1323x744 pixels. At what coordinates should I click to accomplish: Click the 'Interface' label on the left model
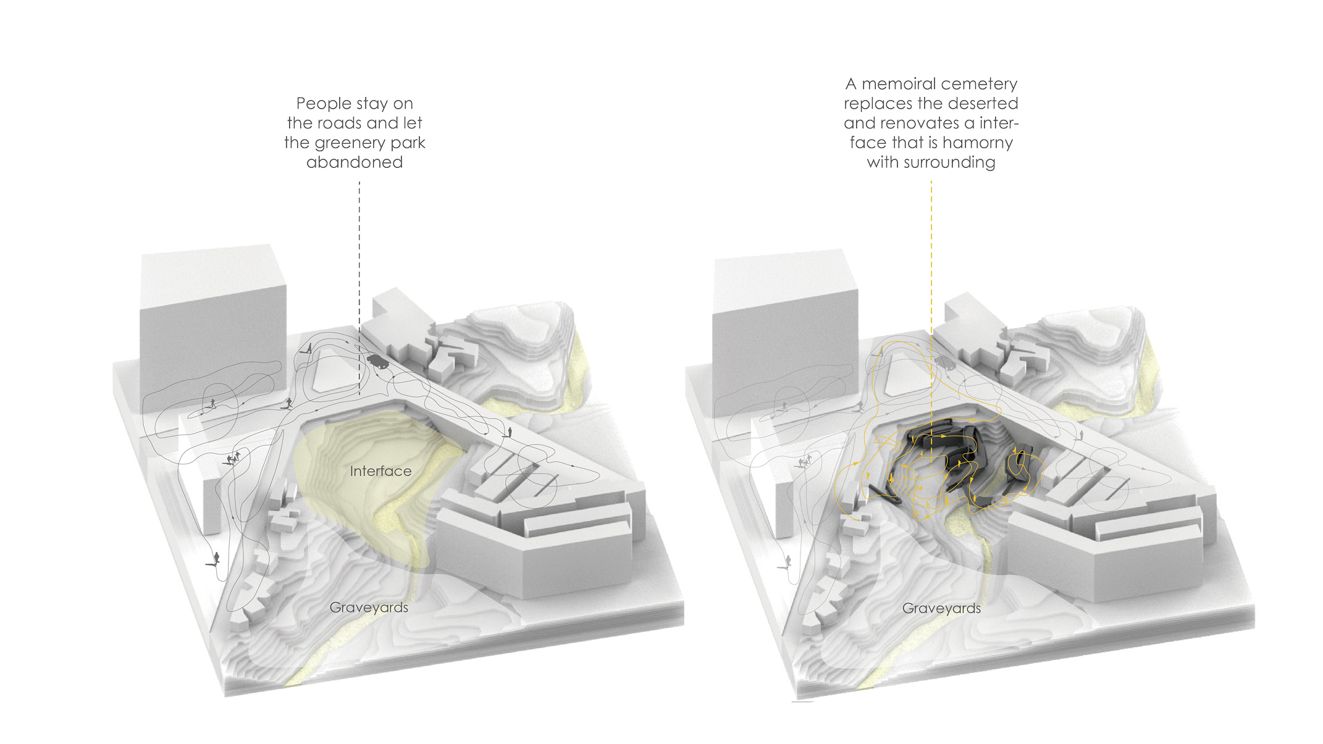pos(380,471)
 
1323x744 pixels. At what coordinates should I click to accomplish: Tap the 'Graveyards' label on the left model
pos(369,608)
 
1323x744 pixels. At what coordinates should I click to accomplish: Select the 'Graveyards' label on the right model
pos(941,608)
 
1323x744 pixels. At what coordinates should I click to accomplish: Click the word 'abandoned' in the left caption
pos(355,162)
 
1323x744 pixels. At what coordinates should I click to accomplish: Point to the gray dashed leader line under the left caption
pos(359,288)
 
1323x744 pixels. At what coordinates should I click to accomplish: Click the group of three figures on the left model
pos(232,459)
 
